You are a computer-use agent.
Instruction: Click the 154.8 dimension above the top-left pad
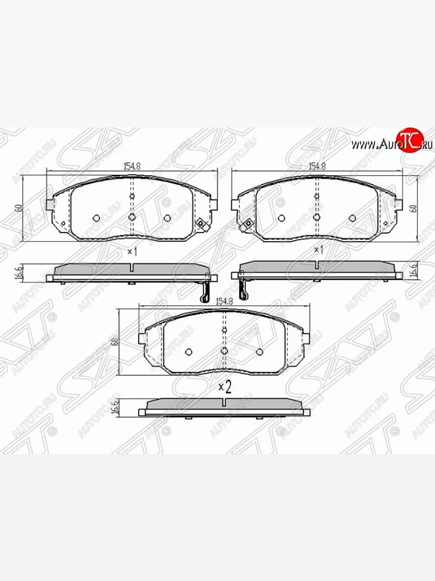click(131, 166)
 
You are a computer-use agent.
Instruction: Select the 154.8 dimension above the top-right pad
click(317, 166)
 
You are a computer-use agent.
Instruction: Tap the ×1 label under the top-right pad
click(318, 250)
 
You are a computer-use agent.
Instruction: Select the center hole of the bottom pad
click(224, 351)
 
